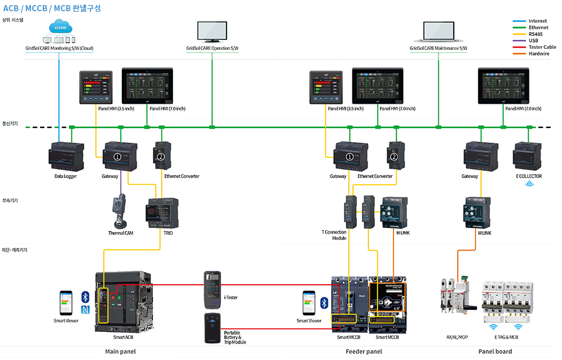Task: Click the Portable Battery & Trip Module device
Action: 212,328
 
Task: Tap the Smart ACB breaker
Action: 123,302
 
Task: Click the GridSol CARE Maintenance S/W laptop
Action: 438,33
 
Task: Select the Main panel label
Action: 120,352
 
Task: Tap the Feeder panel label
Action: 364,352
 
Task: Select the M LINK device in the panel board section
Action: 477,212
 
